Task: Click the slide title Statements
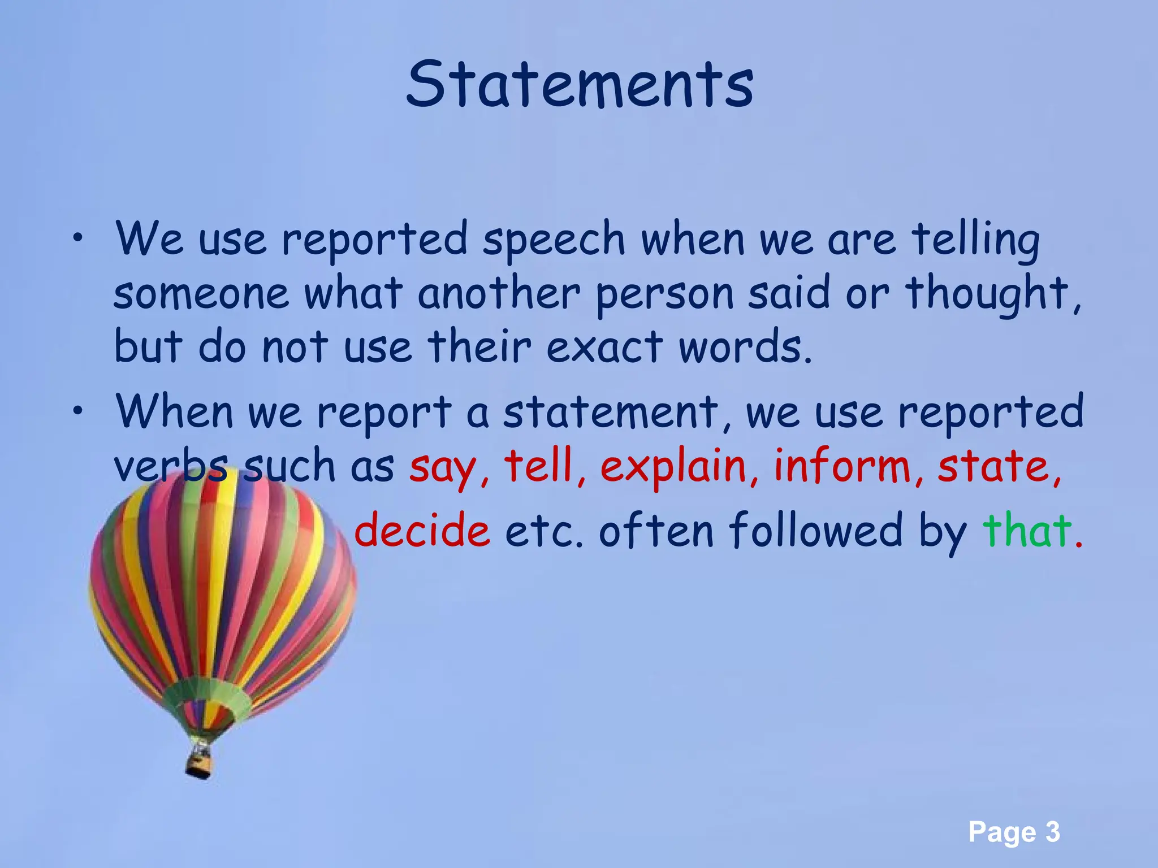[x=580, y=85]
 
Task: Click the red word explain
[x=673, y=468]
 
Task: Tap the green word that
[x=1027, y=530]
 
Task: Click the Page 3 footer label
[x=1014, y=832]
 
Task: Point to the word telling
[x=975, y=240]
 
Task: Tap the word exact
[x=604, y=346]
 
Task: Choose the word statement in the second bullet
[x=611, y=411]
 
